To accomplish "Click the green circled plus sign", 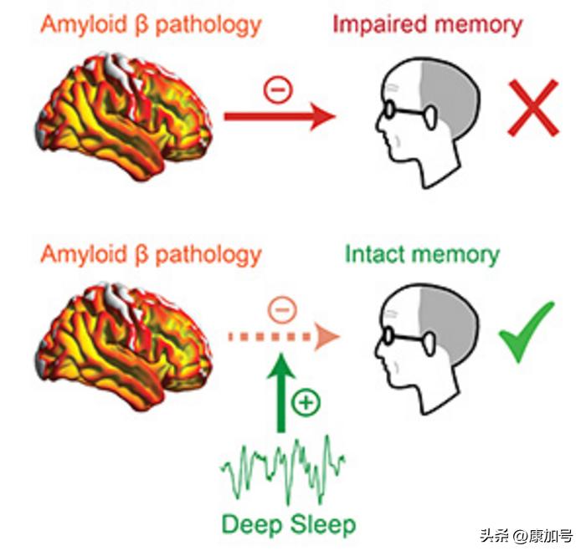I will pos(307,403).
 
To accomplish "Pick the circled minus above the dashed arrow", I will pos(283,310).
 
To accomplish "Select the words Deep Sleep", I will pos(289,524).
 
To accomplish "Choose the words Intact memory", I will pos(422,254).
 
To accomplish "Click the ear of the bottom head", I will pos(433,340).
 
